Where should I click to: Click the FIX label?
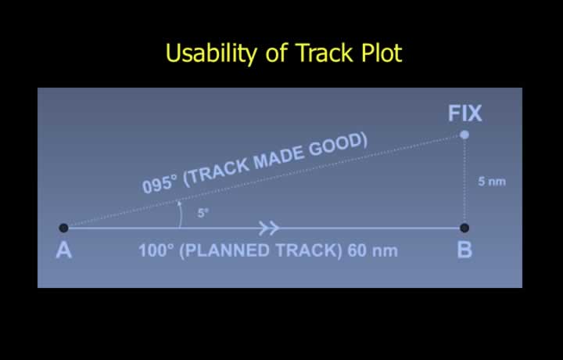(x=464, y=113)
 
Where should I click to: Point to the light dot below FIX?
(x=464, y=135)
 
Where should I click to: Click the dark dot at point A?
(x=63, y=228)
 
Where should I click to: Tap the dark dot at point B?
(x=464, y=228)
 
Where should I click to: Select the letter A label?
(x=64, y=250)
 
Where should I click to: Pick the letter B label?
(x=464, y=250)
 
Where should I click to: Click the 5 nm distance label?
(x=492, y=182)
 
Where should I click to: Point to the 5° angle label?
(x=203, y=213)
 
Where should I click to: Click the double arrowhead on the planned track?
(x=269, y=228)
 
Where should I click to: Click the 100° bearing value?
(x=156, y=250)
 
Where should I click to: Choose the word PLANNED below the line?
(x=225, y=250)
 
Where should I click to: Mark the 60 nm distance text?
(x=373, y=250)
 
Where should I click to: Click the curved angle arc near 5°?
(x=181, y=214)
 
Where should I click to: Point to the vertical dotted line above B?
(x=464, y=181)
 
